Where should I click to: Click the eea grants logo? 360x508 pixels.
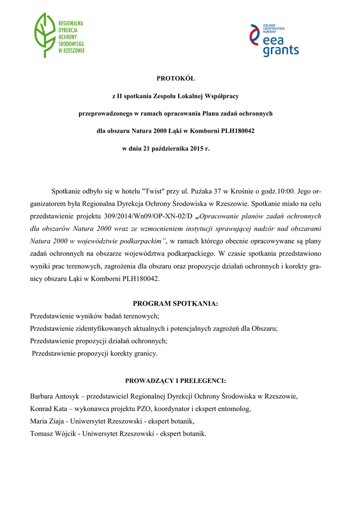coord(274,40)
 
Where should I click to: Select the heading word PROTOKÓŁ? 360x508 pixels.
coord(176,78)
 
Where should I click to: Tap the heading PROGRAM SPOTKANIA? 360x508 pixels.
coord(176,303)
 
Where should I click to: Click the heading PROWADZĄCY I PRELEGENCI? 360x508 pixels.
coord(176,381)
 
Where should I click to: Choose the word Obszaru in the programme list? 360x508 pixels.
coord(264,328)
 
